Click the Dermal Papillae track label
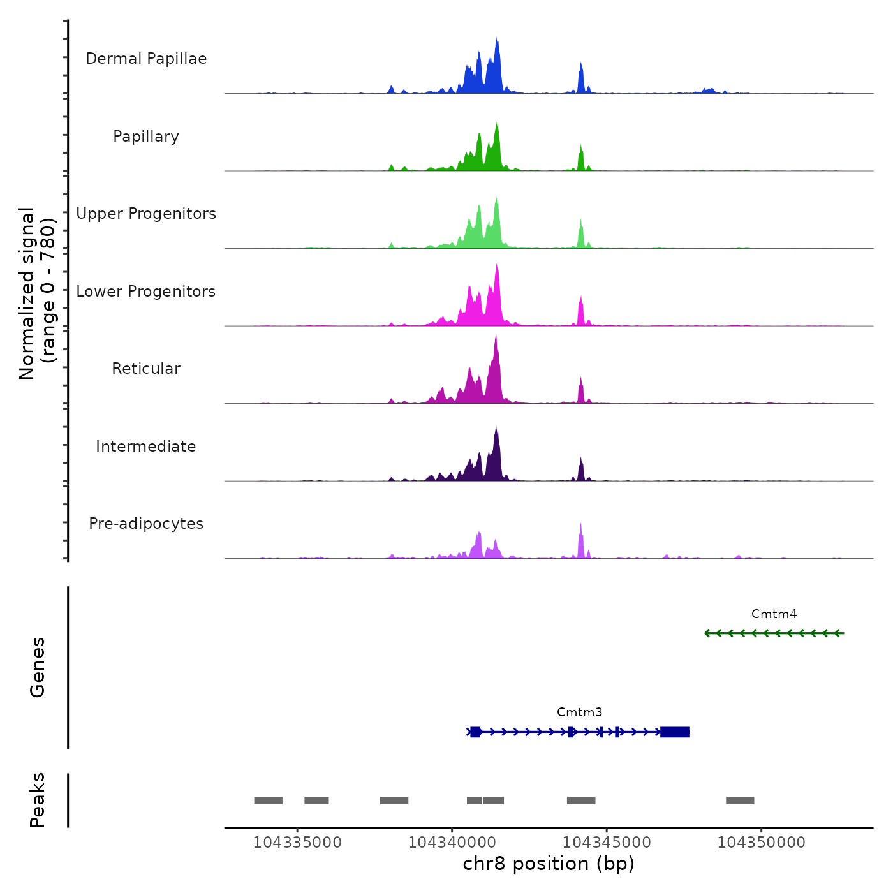[146, 59]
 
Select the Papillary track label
[146, 137]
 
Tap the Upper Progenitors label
[146, 214]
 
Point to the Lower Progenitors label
[146, 292]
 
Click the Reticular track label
[146, 369]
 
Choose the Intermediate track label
[146, 447]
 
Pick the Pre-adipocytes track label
[146, 524]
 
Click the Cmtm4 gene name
[774, 614]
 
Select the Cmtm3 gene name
[579, 712]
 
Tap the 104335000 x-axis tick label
[297, 843]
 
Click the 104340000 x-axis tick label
[452, 843]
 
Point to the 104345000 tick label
[607, 843]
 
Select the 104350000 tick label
[761, 843]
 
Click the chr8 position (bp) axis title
[549, 864]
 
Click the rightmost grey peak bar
[740, 801]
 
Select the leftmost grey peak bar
[268, 801]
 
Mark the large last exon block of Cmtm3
[675, 732]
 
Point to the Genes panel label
[38, 667]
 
